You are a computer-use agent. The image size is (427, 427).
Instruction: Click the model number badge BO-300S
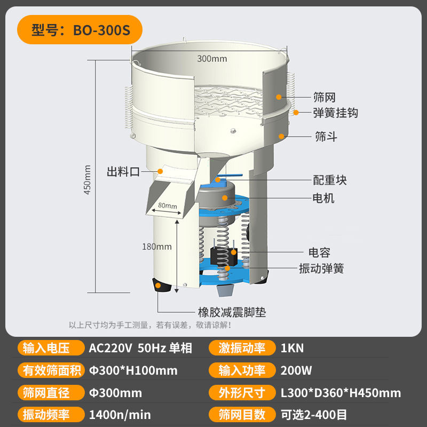coord(80,30)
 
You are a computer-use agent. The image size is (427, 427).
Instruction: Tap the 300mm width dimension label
coord(212,59)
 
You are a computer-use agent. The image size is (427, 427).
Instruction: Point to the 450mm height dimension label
coord(87,179)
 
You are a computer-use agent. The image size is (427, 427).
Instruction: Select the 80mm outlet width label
coord(168,205)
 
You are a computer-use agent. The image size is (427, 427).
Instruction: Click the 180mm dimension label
coord(157,247)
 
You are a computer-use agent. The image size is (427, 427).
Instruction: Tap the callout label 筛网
coord(324,97)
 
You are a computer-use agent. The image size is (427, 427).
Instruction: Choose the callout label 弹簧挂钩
coord(335,113)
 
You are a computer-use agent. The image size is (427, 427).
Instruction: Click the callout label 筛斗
coord(326,136)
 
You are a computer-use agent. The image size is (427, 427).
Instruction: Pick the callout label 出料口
coord(123,172)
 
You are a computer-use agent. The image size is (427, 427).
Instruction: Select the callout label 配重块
coord(330,180)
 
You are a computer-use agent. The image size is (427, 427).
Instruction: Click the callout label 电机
coord(323,198)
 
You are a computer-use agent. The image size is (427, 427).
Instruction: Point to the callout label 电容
coord(319,252)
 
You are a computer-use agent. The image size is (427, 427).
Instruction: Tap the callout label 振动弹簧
coord(321,268)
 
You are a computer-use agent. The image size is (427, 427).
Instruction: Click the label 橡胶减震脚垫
coord(232,312)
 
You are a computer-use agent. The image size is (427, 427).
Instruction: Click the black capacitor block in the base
coord(224,257)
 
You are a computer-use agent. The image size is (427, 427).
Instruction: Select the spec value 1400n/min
coord(120,415)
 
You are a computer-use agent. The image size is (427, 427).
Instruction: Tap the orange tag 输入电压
coord(51,348)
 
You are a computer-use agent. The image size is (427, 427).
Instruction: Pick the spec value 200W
coord(296,370)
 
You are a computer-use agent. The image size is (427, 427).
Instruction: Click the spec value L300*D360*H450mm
coord(341,393)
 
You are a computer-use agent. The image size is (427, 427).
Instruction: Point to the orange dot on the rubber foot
coord(158,286)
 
